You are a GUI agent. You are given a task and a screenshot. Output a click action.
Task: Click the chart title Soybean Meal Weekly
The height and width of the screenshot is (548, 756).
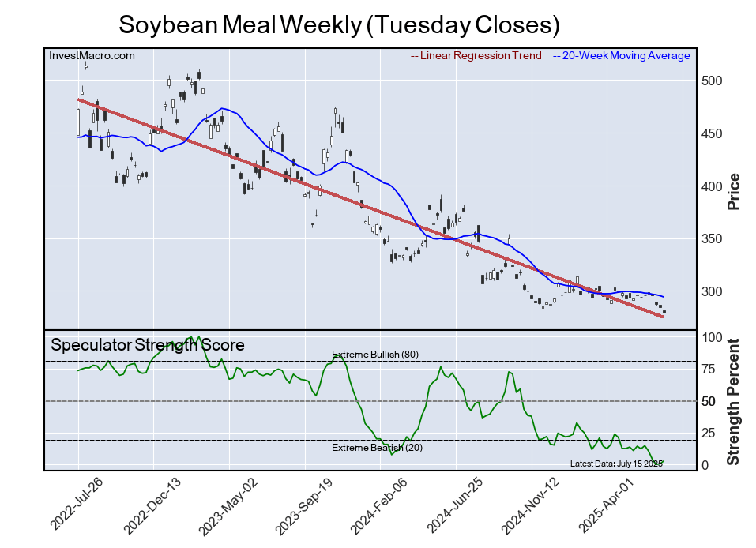pyautogui.click(x=339, y=24)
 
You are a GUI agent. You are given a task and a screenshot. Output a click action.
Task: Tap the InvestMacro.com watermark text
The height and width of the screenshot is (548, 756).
pyautogui.click(x=92, y=56)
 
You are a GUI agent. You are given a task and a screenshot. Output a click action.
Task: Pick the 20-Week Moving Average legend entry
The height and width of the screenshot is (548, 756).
pyautogui.click(x=625, y=56)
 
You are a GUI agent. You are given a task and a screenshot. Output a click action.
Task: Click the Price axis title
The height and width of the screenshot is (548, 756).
pyautogui.click(x=733, y=191)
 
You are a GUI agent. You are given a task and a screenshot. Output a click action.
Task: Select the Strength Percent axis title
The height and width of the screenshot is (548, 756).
pyautogui.click(x=733, y=401)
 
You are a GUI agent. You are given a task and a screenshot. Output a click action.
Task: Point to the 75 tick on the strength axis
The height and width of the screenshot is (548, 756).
pyautogui.click(x=709, y=370)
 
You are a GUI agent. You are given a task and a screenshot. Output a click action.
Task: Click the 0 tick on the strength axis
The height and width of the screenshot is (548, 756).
pyautogui.click(x=705, y=465)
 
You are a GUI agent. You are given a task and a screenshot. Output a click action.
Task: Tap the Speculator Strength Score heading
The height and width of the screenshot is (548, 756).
pyautogui.click(x=148, y=345)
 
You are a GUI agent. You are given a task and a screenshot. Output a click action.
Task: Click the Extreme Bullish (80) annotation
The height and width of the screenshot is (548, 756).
pyautogui.click(x=374, y=355)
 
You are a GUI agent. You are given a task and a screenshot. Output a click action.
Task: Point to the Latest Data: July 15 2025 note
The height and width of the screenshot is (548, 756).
pyautogui.click(x=616, y=464)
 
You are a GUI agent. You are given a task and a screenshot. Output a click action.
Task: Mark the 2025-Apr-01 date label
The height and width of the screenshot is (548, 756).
pyautogui.click(x=605, y=505)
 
